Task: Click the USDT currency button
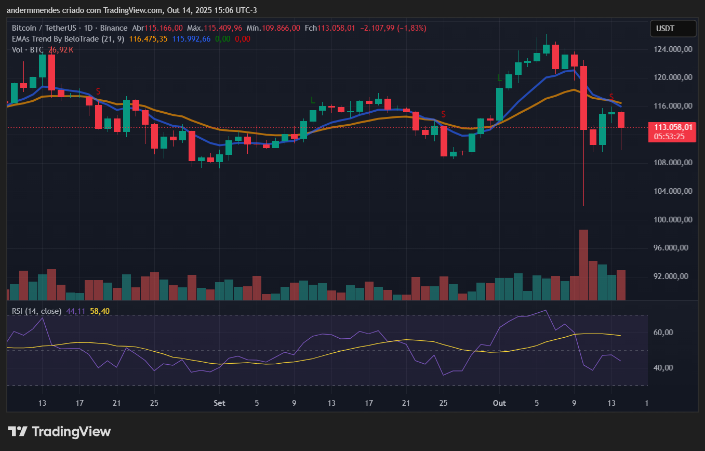[x=673, y=29]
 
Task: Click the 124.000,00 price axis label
[x=674, y=49]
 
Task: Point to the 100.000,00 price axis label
[x=674, y=220]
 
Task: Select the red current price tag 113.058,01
[x=673, y=127]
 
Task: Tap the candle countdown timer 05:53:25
[x=669, y=137]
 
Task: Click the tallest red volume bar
[x=583, y=264]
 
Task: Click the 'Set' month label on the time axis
[x=220, y=403]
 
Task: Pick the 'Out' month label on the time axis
[x=499, y=403]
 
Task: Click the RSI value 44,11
[x=76, y=311]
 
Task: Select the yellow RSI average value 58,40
[x=100, y=311]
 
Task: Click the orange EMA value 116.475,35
[x=149, y=39]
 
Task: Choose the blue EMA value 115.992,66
[x=191, y=39]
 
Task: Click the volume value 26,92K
[x=61, y=50]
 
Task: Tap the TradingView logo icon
[x=18, y=431]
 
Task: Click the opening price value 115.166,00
[x=164, y=28]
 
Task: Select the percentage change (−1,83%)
[x=411, y=28]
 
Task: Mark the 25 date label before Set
[x=154, y=403]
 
